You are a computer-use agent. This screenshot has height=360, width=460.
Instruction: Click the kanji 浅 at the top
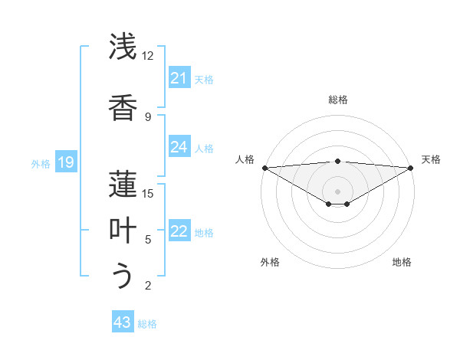pyautogui.click(x=123, y=47)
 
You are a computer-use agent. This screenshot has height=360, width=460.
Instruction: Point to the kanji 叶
pyautogui.click(x=123, y=230)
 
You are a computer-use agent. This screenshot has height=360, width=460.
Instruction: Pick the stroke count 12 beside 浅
pyautogui.click(x=148, y=56)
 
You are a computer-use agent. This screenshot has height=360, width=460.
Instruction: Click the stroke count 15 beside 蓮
pyautogui.click(x=148, y=193)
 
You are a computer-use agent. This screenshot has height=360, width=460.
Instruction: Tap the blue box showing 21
pyautogui.click(x=179, y=78)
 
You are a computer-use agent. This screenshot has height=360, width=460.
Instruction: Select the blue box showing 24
pyautogui.click(x=179, y=147)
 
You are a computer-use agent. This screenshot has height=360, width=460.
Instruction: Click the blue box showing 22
pyautogui.click(x=179, y=231)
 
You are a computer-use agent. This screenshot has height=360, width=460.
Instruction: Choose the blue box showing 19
pyautogui.click(x=65, y=162)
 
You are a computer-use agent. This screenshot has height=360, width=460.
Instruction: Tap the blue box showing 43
pyautogui.click(x=122, y=322)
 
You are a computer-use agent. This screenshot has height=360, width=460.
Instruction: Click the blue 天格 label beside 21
pyautogui.click(x=204, y=79)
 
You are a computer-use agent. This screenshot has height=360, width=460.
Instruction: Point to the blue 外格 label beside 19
pyautogui.click(x=40, y=163)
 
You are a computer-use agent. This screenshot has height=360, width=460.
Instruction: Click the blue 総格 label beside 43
pyautogui.click(x=147, y=323)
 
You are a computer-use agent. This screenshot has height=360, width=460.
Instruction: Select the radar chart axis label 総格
pyautogui.click(x=337, y=100)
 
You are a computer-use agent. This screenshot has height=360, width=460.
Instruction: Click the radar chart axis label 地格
pyautogui.click(x=402, y=262)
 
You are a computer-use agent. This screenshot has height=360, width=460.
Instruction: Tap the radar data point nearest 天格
pyautogui.click(x=411, y=168)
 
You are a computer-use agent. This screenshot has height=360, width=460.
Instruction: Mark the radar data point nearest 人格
pyautogui.click(x=264, y=168)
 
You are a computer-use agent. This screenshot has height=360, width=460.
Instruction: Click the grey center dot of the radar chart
pyautogui.click(x=337, y=191)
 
